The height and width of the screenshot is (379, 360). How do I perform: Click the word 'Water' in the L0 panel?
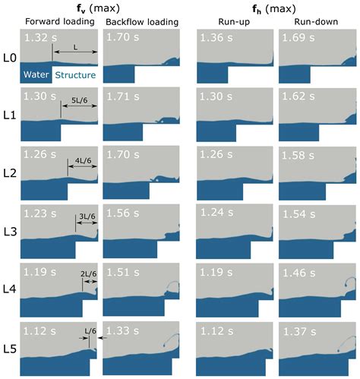[x=36, y=74]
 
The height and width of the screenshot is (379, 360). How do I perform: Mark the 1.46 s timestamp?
[x=295, y=270]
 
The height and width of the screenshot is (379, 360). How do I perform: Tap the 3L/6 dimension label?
[x=86, y=217]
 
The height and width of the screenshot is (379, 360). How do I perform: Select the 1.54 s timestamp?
[x=295, y=214]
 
